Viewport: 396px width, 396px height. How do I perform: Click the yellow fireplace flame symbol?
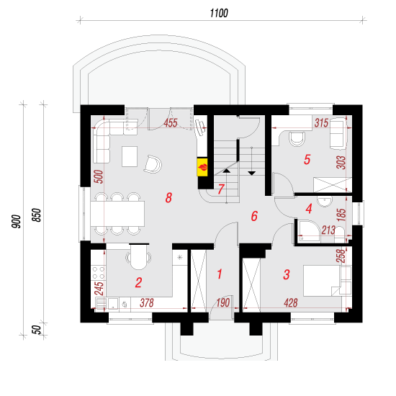click(202, 167)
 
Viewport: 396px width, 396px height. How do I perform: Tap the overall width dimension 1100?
click(219, 13)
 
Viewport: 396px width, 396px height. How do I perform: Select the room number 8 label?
click(168, 197)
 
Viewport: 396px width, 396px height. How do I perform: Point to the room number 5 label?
click(307, 160)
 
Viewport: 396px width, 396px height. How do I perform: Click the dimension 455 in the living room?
click(171, 123)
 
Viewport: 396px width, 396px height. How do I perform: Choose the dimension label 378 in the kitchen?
click(146, 302)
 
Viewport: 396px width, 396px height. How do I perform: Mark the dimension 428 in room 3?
click(290, 302)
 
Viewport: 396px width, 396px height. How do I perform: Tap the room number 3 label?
click(286, 274)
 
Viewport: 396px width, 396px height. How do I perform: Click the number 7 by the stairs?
click(221, 189)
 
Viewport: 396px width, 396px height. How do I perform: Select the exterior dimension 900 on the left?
click(16, 222)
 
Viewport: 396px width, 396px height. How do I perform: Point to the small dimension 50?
click(37, 330)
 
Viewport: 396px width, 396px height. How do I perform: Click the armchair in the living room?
click(153, 164)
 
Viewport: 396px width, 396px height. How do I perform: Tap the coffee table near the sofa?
click(130, 156)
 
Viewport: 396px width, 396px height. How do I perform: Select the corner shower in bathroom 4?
click(309, 232)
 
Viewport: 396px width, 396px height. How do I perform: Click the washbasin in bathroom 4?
click(325, 202)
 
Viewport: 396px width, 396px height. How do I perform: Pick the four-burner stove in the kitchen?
click(99, 273)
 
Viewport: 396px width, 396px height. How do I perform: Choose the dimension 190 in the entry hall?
click(223, 302)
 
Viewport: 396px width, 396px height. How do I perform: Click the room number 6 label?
click(254, 216)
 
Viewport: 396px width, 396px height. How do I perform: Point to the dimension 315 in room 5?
click(321, 123)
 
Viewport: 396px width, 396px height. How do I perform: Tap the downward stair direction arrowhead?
click(251, 174)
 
